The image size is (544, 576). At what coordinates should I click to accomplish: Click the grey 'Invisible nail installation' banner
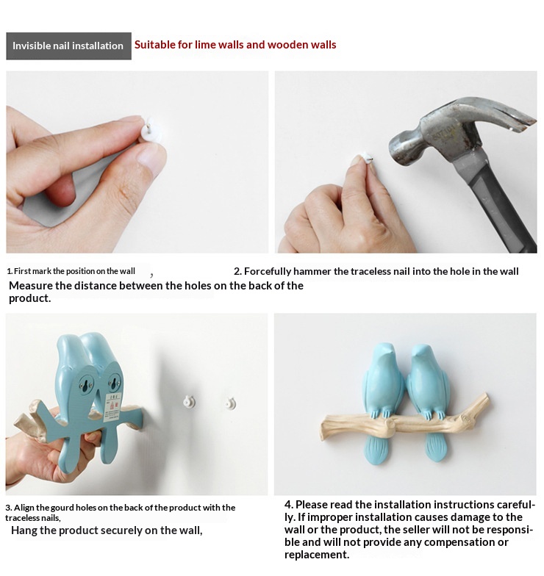coord(69,46)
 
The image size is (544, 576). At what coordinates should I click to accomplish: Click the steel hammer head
coord(456,129)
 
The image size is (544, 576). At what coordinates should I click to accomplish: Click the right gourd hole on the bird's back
coord(114,384)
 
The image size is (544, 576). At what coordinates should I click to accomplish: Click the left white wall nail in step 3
coord(190,401)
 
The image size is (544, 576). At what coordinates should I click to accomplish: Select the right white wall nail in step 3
coord(231,403)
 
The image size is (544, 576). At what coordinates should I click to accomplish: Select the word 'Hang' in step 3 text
coord(24,530)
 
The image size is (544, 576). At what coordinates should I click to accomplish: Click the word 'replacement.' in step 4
coord(317,555)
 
